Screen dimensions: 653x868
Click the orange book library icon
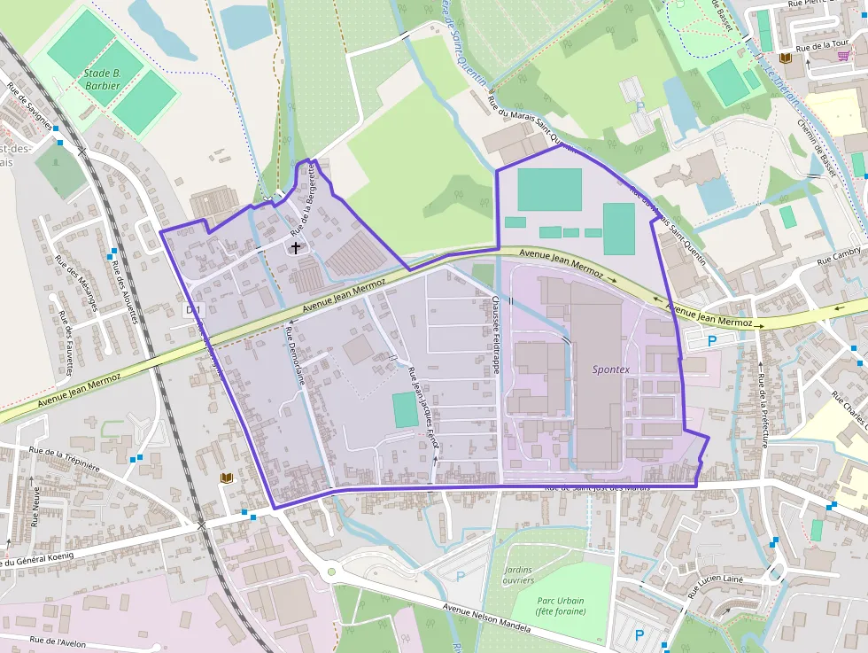click(227, 478)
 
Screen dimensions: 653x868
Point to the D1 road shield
click(196, 310)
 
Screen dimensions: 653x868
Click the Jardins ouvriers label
click(518, 574)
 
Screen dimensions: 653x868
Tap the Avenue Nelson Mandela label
click(487, 619)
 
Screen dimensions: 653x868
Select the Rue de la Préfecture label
click(762, 411)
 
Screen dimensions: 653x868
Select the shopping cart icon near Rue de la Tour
click(842, 56)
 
